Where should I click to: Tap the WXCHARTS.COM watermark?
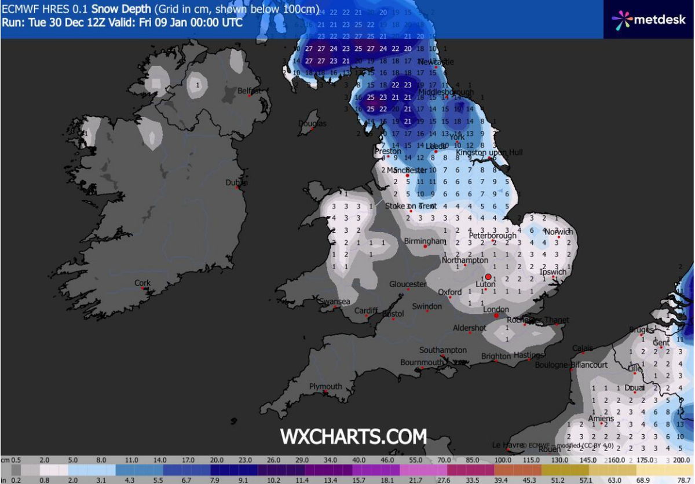tap(353, 436)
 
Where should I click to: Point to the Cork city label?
tap(142, 283)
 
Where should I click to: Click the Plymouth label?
tap(325, 386)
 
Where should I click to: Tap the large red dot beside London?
tap(496, 316)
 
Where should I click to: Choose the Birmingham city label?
tap(425, 241)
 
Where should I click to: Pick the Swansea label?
tap(335, 302)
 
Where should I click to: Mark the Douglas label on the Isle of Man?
tap(312, 123)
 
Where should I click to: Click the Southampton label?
tap(443, 350)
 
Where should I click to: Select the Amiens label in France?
tap(601, 419)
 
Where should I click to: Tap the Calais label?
tap(583, 348)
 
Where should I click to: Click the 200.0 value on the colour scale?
tap(683, 460)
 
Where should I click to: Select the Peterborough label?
tap(492, 236)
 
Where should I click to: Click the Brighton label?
tap(496, 356)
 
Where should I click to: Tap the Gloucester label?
tap(408, 284)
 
